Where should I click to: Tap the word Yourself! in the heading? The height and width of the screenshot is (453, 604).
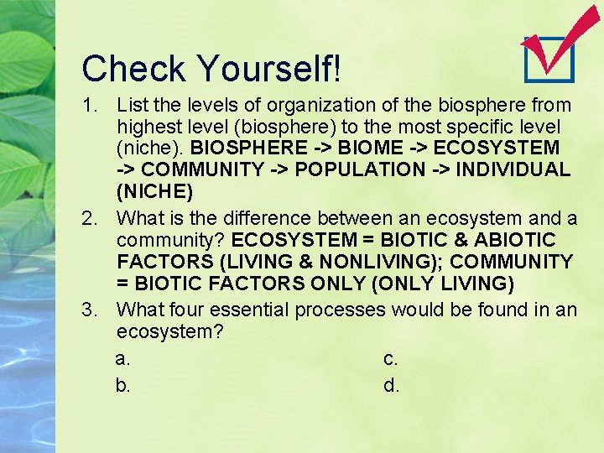click(268, 69)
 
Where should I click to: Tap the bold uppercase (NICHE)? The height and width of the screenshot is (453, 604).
click(154, 191)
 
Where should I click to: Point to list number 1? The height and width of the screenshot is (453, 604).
click(92, 106)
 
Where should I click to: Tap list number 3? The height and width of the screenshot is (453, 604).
click(92, 310)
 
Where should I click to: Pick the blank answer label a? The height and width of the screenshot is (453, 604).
click(122, 359)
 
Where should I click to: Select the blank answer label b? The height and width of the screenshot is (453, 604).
click(122, 386)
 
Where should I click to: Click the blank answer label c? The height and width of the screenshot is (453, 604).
click(390, 359)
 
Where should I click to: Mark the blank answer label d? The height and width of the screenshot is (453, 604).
click(391, 386)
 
